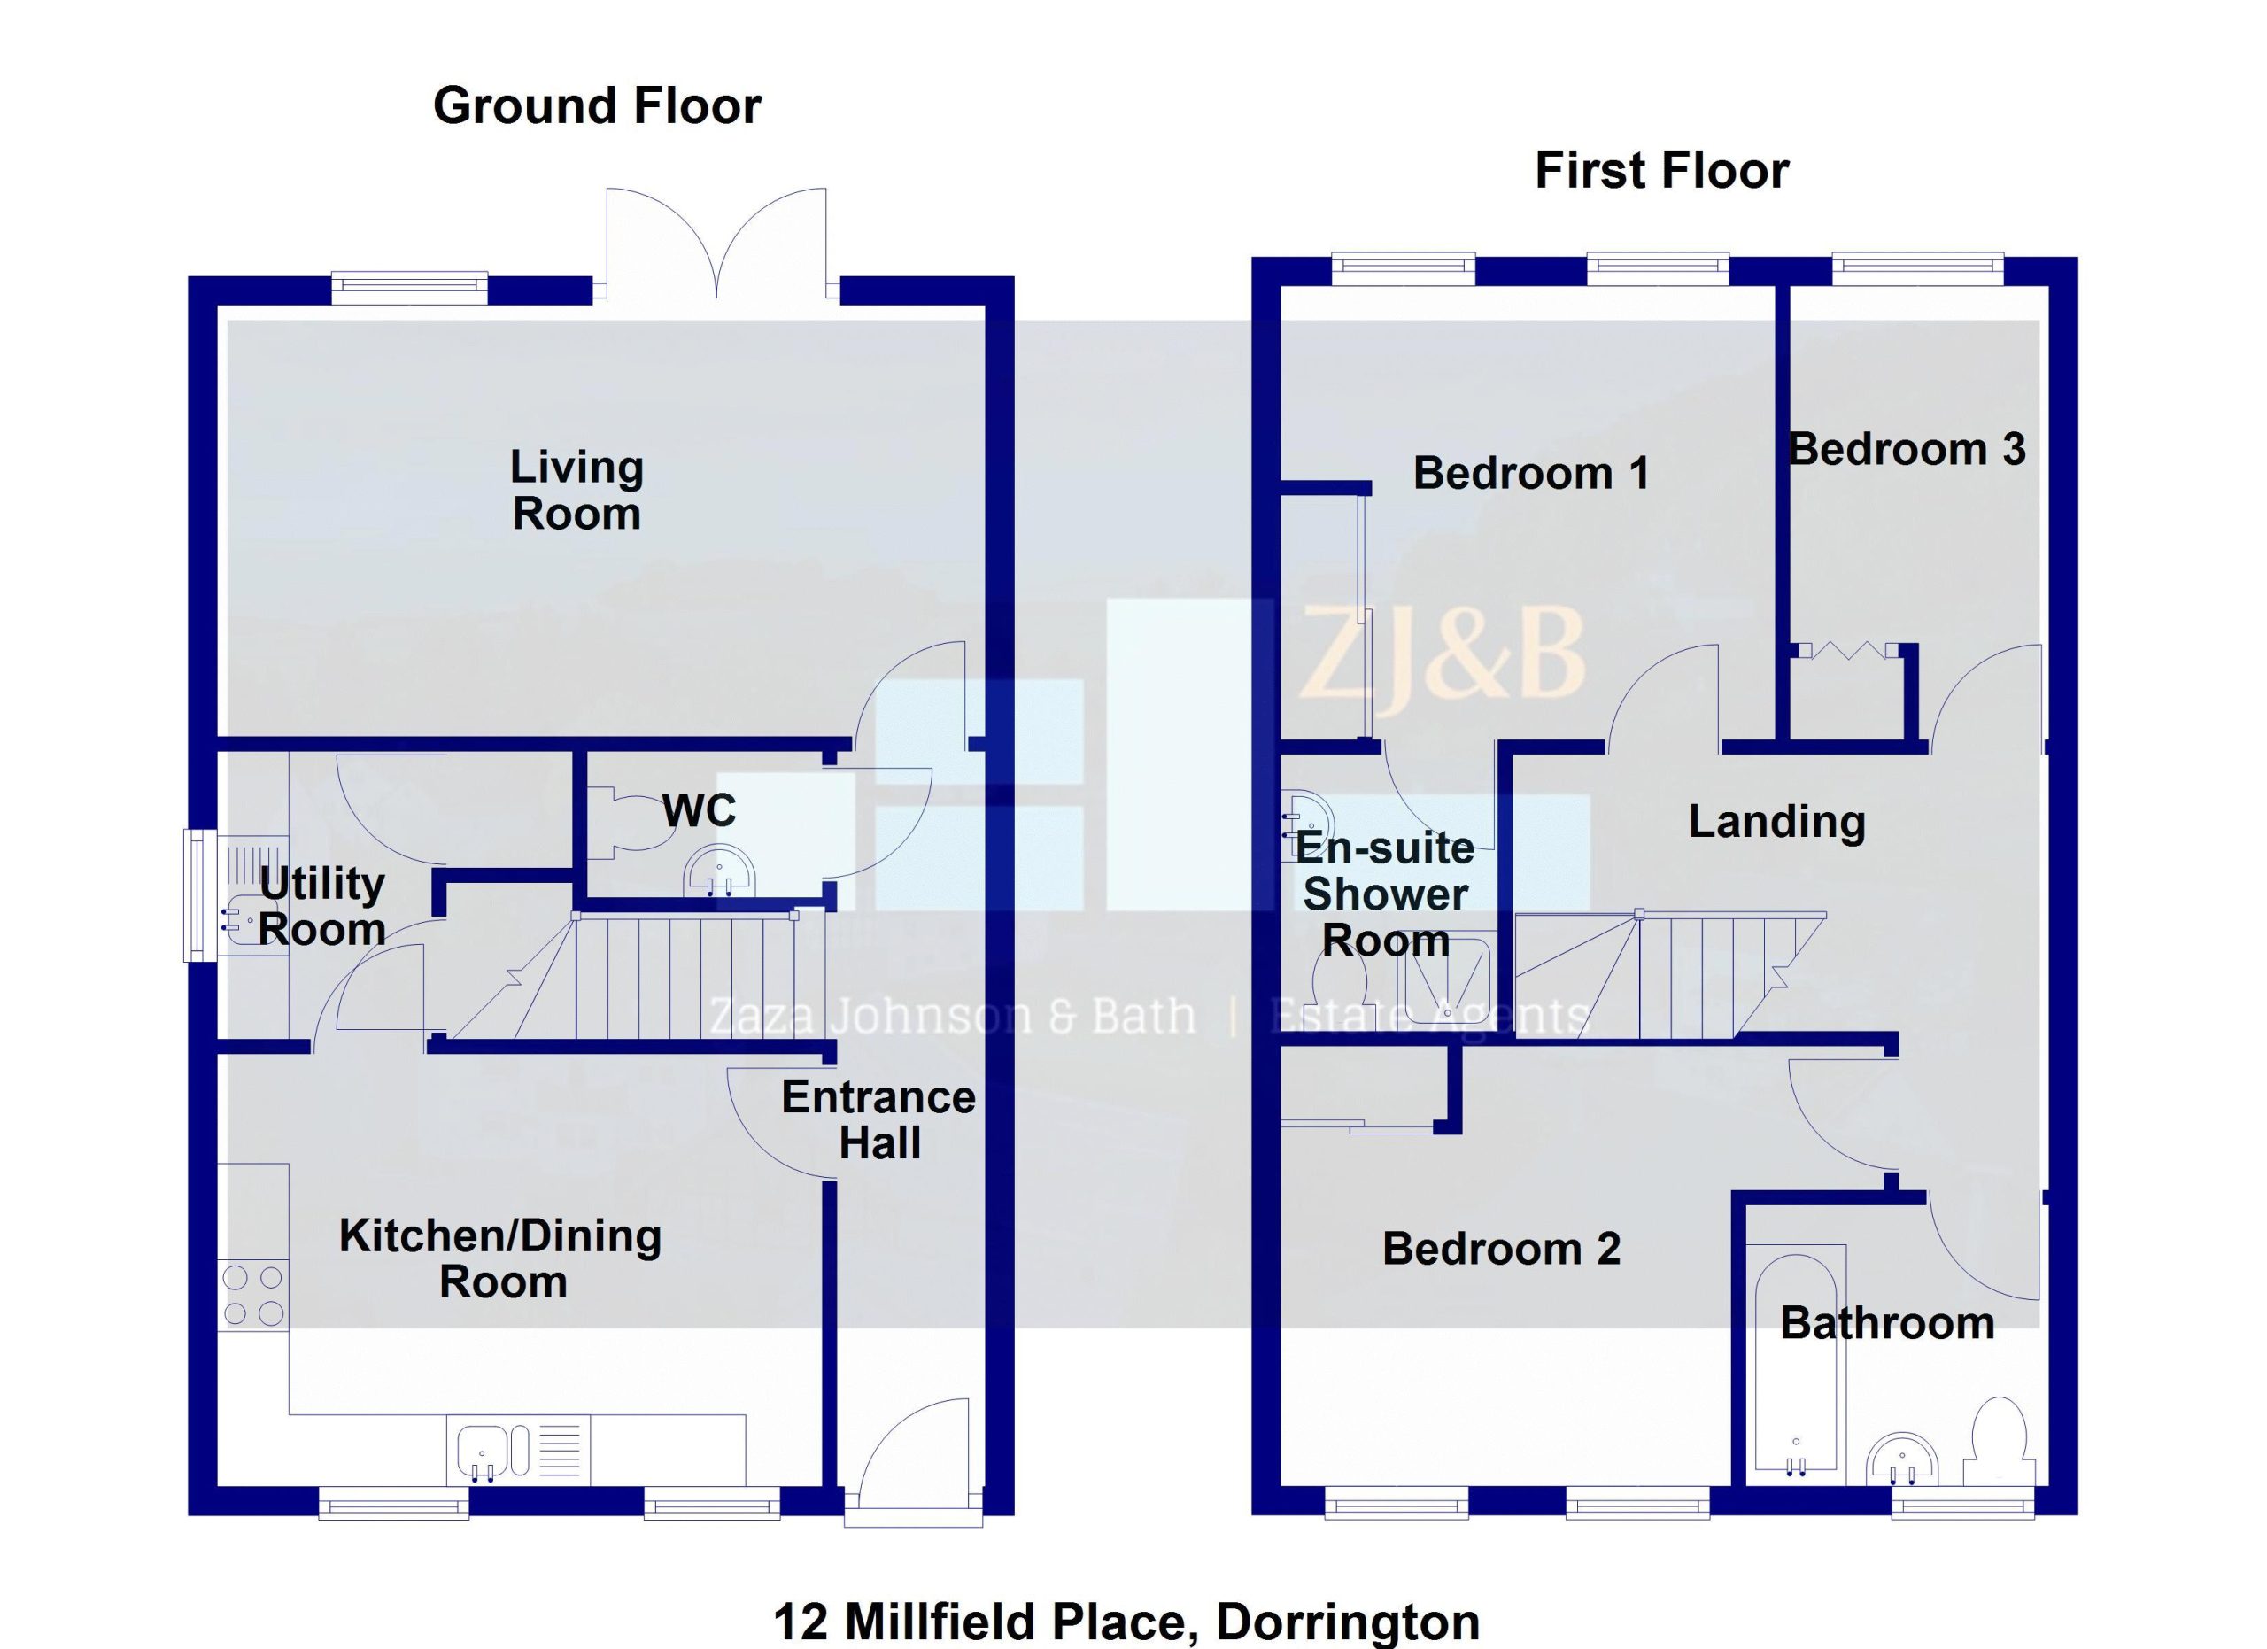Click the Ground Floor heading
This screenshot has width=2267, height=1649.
coord(597,106)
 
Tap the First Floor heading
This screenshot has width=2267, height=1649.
coord(1661,171)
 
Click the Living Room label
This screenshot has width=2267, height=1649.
coord(576,491)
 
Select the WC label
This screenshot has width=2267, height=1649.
coord(699,810)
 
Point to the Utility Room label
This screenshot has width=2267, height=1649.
coord(321,907)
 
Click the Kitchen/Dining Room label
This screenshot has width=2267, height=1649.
coord(501,1258)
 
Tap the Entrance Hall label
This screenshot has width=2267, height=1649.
coord(878,1120)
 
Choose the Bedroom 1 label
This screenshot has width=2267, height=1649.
coord(1531,473)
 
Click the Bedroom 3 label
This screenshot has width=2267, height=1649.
coord(1907,449)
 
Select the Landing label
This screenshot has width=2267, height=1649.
coord(1777,823)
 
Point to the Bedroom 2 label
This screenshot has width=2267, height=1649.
coord(1501,1248)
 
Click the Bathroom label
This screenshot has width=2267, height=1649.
coord(1887,1323)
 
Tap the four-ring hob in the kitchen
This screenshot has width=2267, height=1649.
coord(253,1296)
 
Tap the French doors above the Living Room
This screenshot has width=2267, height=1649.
coord(716,244)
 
